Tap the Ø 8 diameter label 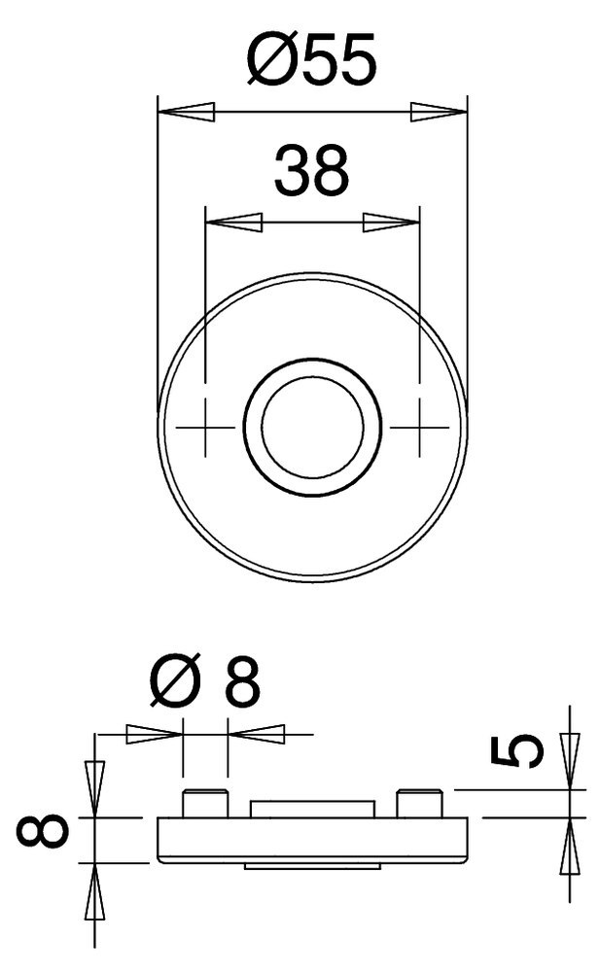(206, 684)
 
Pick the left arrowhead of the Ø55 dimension (185, 112)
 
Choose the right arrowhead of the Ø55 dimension (439, 112)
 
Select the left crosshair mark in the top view (206, 426)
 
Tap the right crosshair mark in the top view (418, 426)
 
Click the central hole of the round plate (311, 426)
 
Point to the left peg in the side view (204, 804)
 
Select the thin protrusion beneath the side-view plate (311, 864)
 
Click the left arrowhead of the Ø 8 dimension (156, 733)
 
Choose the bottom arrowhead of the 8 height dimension (94, 889)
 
